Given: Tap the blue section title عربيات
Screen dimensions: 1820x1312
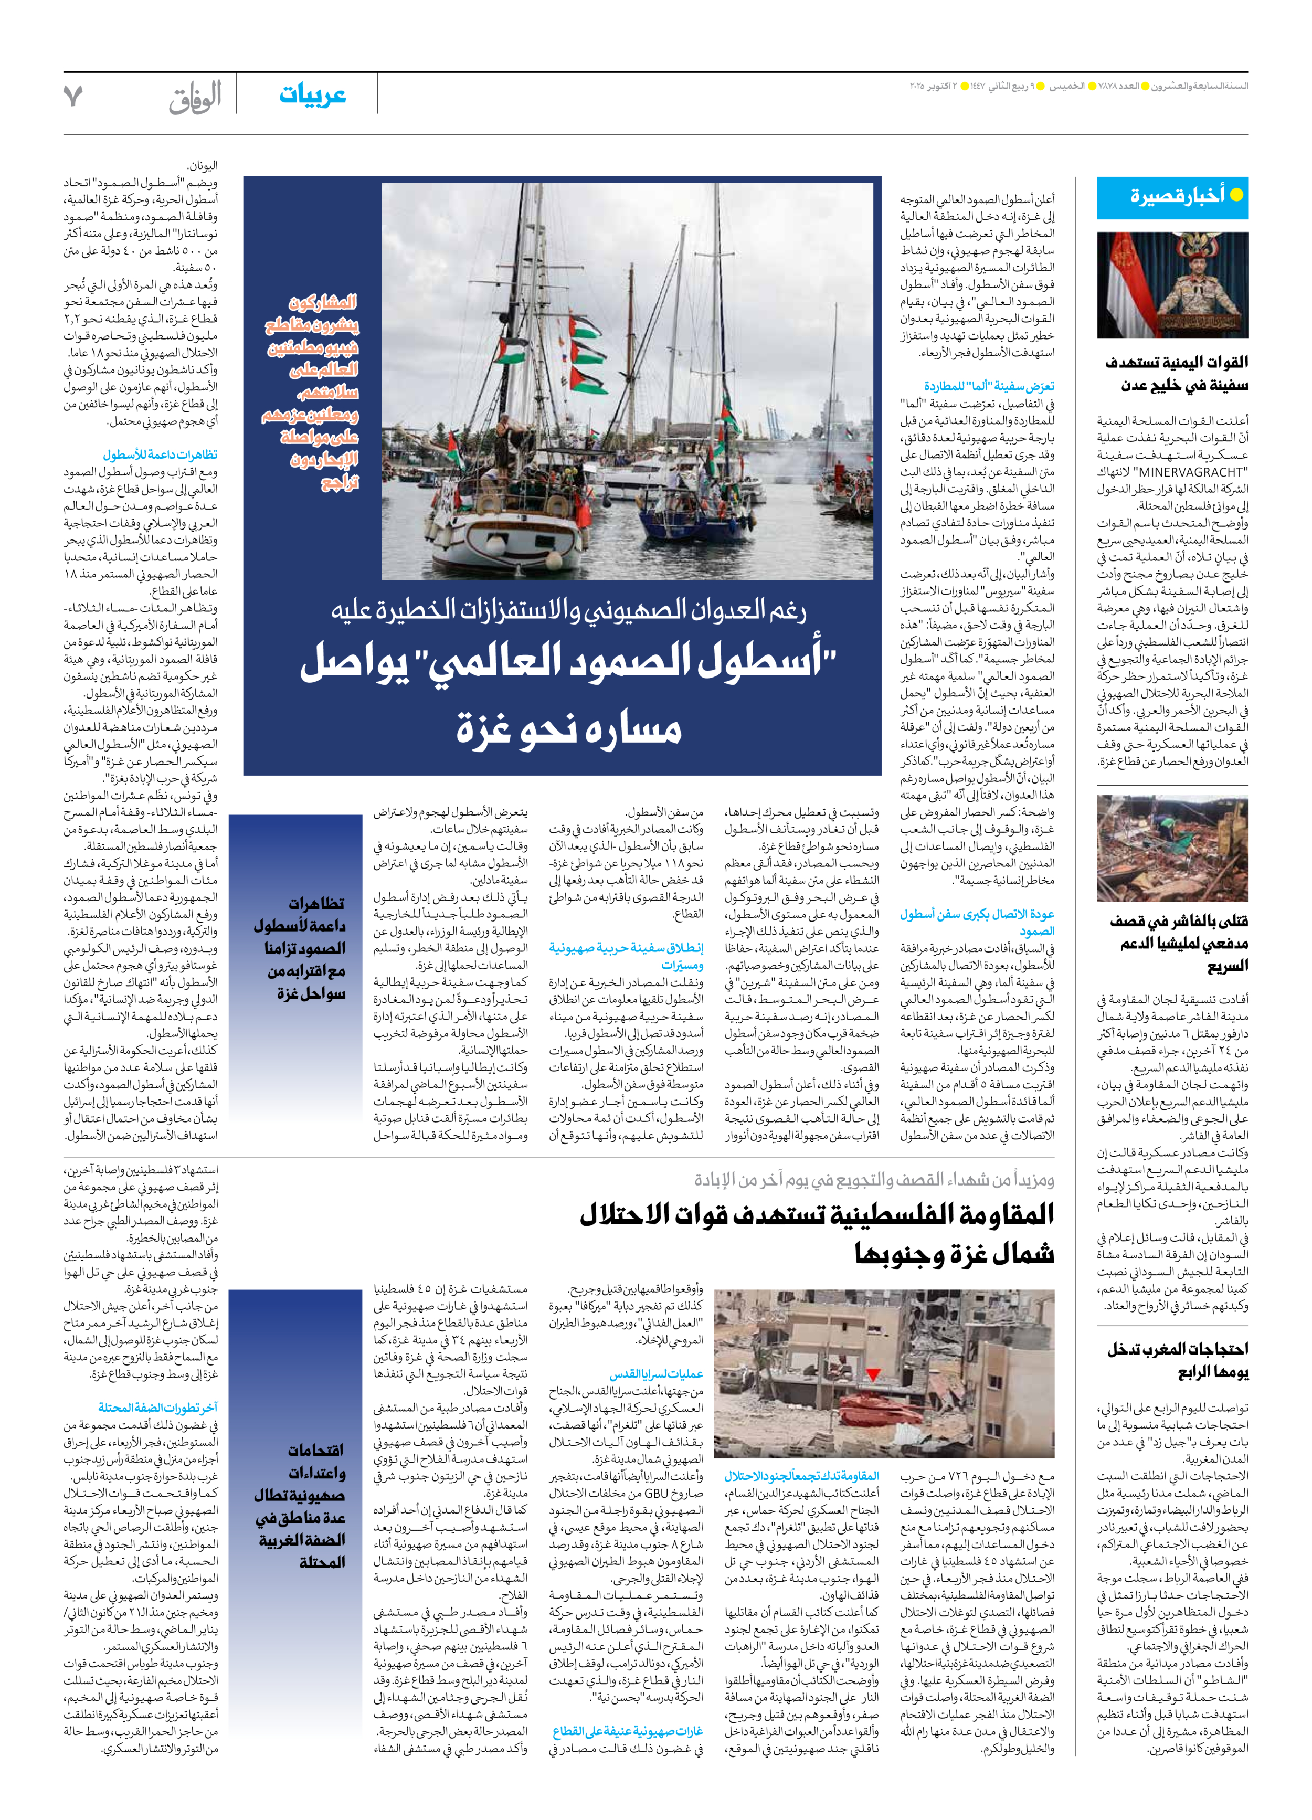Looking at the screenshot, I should pyautogui.click(x=312, y=94).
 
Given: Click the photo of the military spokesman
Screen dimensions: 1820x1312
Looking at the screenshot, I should pyautogui.click(x=1172, y=285).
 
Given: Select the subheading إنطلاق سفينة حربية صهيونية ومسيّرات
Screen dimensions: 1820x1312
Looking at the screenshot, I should pyautogui.click(x=627, y=956).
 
